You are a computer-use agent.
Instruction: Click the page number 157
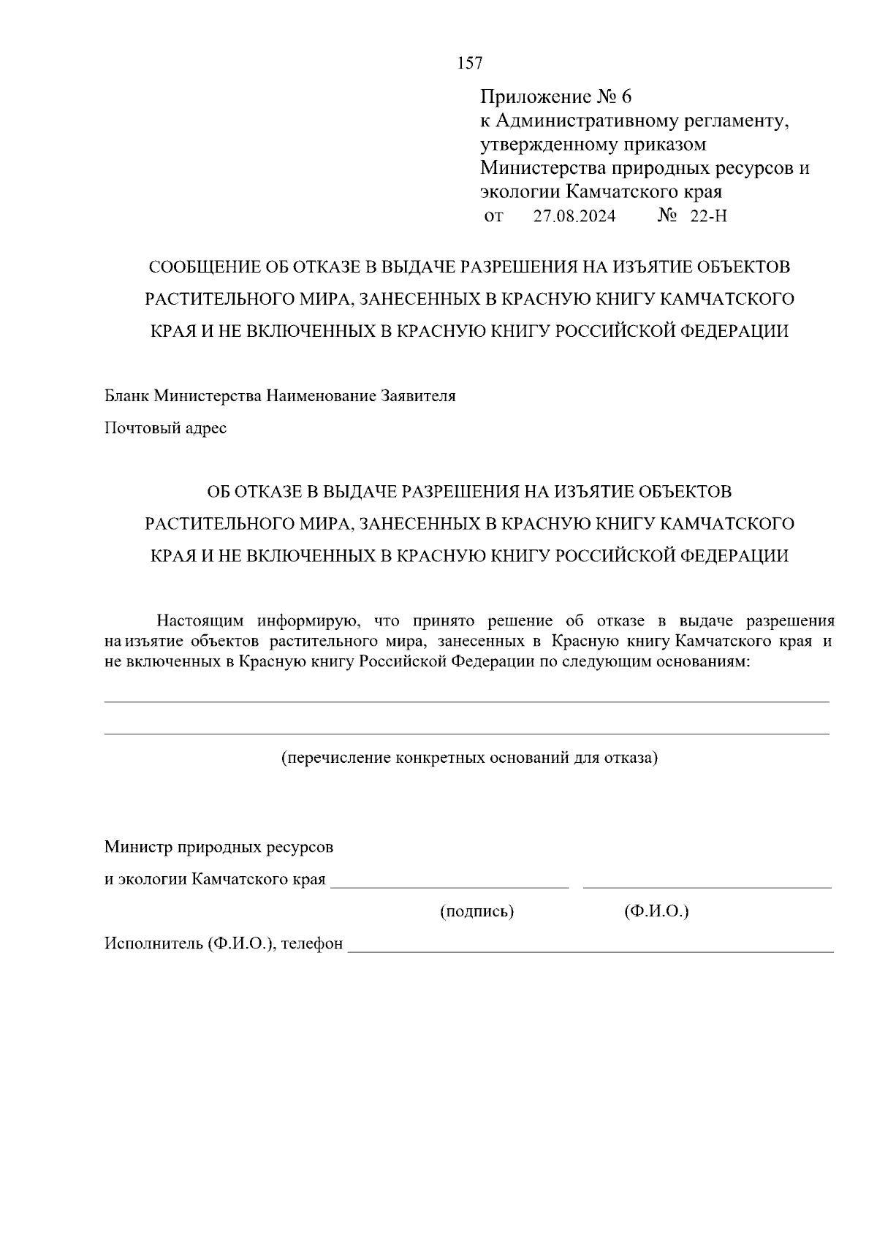pyautogui.click(x=470, y=64)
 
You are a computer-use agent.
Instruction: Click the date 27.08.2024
pyautogui.click(x=574, y=216)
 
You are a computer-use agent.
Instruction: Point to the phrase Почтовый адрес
pyautogui.click(x=165, y=428)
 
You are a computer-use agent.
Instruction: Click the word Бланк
pyautogui.click(x=127, y=396)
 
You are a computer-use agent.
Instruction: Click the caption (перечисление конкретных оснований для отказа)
pyautogui.click(x=470, y=758)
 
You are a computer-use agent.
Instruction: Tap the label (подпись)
pyautogui.click(x=477, y=911)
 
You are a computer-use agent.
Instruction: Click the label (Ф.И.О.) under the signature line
pyautogui.click(x=656, y=911)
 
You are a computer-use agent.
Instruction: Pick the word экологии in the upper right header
pyautogui.click(x=520, y=192)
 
